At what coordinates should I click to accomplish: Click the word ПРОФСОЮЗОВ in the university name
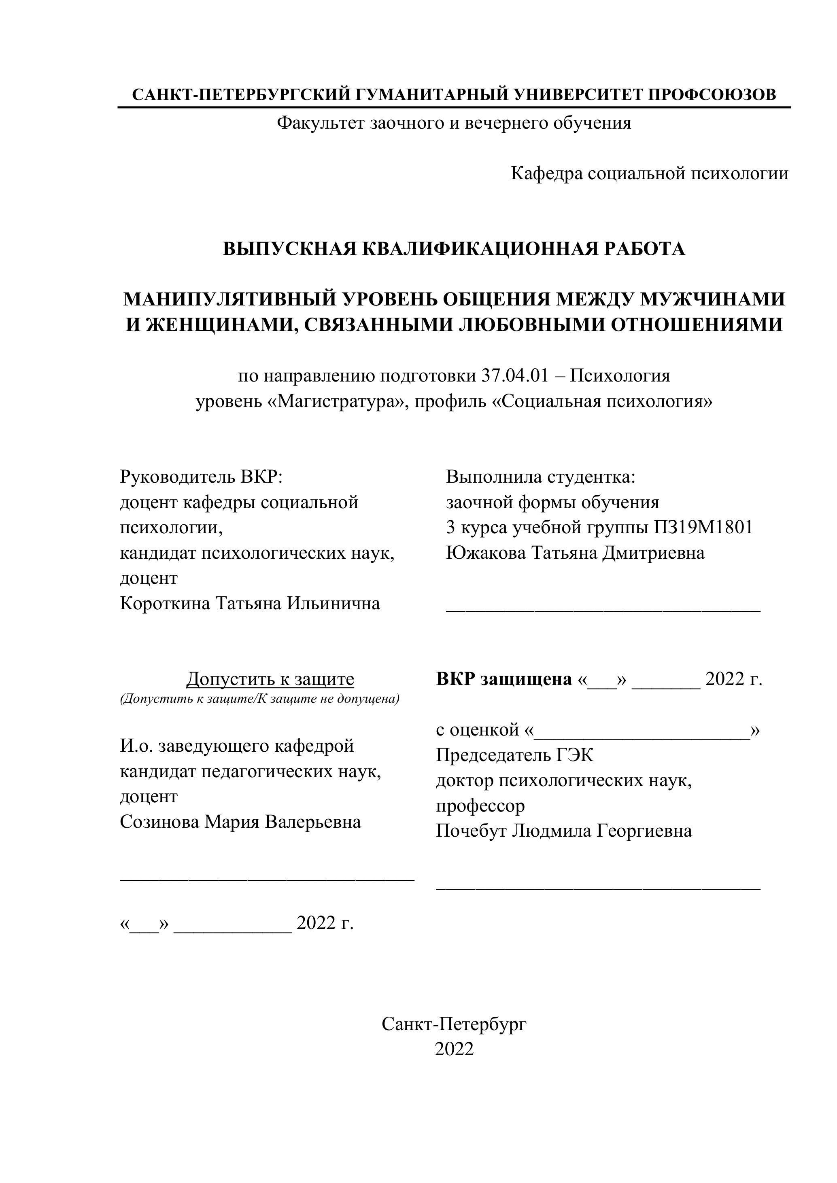[711, 94]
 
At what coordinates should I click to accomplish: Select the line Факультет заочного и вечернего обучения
[454, 123]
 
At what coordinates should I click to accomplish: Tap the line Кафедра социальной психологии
[649, 173]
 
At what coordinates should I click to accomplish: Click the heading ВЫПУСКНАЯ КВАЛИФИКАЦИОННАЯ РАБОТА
[454, 248]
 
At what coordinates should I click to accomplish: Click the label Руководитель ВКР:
[202, 477]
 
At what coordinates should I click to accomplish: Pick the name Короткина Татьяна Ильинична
[250, 603]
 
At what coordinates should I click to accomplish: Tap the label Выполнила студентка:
[541, 477]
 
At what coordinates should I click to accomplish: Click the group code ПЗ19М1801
[703, 527]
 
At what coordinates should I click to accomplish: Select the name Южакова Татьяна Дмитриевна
[575, 553]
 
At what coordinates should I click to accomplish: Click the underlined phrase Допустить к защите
[270, 679]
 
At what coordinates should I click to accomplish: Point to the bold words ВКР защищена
[504, 679]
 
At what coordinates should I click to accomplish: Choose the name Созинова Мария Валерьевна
[240, 821]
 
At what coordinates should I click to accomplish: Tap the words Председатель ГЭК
[514, 755]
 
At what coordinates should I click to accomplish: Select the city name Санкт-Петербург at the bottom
[454, 1024]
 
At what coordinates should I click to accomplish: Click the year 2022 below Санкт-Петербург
[454, 1049]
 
